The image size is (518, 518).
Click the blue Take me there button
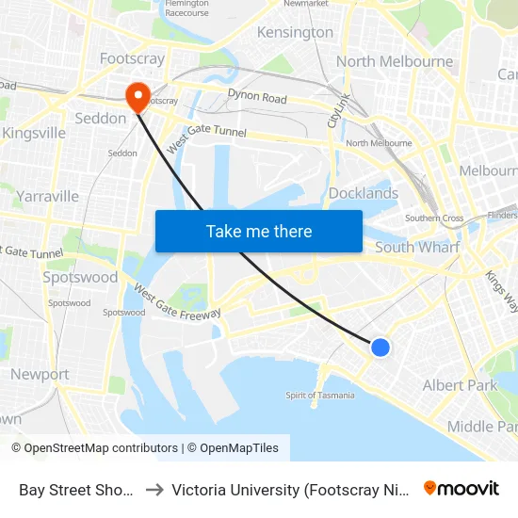[x=259, y=231]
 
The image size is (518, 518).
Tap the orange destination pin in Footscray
[x=137, y=95]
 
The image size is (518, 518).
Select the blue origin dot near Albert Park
[x=380, y=348]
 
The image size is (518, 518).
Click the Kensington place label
[x=295, y=32]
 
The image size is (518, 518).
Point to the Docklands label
[x=364, y=193]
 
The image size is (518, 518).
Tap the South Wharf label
[x=417, y=247]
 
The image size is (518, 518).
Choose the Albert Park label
[x=460, y=385]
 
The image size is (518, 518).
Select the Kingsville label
[x=34, y=133]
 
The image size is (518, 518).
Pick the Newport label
[x=40, y=374]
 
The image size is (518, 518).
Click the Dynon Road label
[x=257, y=96]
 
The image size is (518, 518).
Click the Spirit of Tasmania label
[x=320, y=396]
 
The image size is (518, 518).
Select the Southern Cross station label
[x=433, y=219]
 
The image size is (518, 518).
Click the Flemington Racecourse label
[x=186, y=8]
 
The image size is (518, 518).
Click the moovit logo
[x=461, y=488]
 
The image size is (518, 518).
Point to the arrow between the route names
[x=154, y=490]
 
